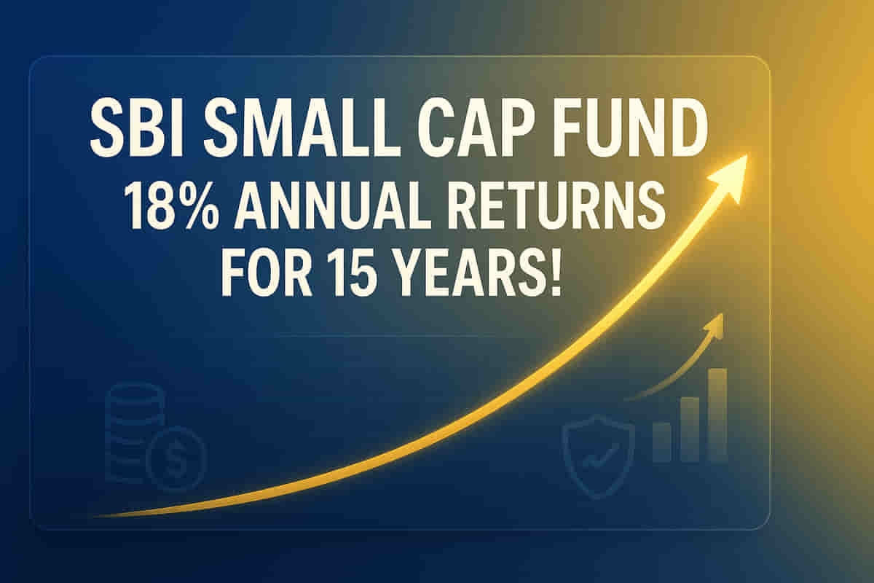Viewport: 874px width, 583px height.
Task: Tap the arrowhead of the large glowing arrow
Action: [x=727, y=176]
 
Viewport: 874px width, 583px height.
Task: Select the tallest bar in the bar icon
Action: [x=717, y=415]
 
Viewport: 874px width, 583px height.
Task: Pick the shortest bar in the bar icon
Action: [x=662, y=442]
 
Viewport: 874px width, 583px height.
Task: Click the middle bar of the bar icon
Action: [x=690, y=429]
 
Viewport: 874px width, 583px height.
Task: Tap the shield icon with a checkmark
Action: [x=599, y=457]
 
